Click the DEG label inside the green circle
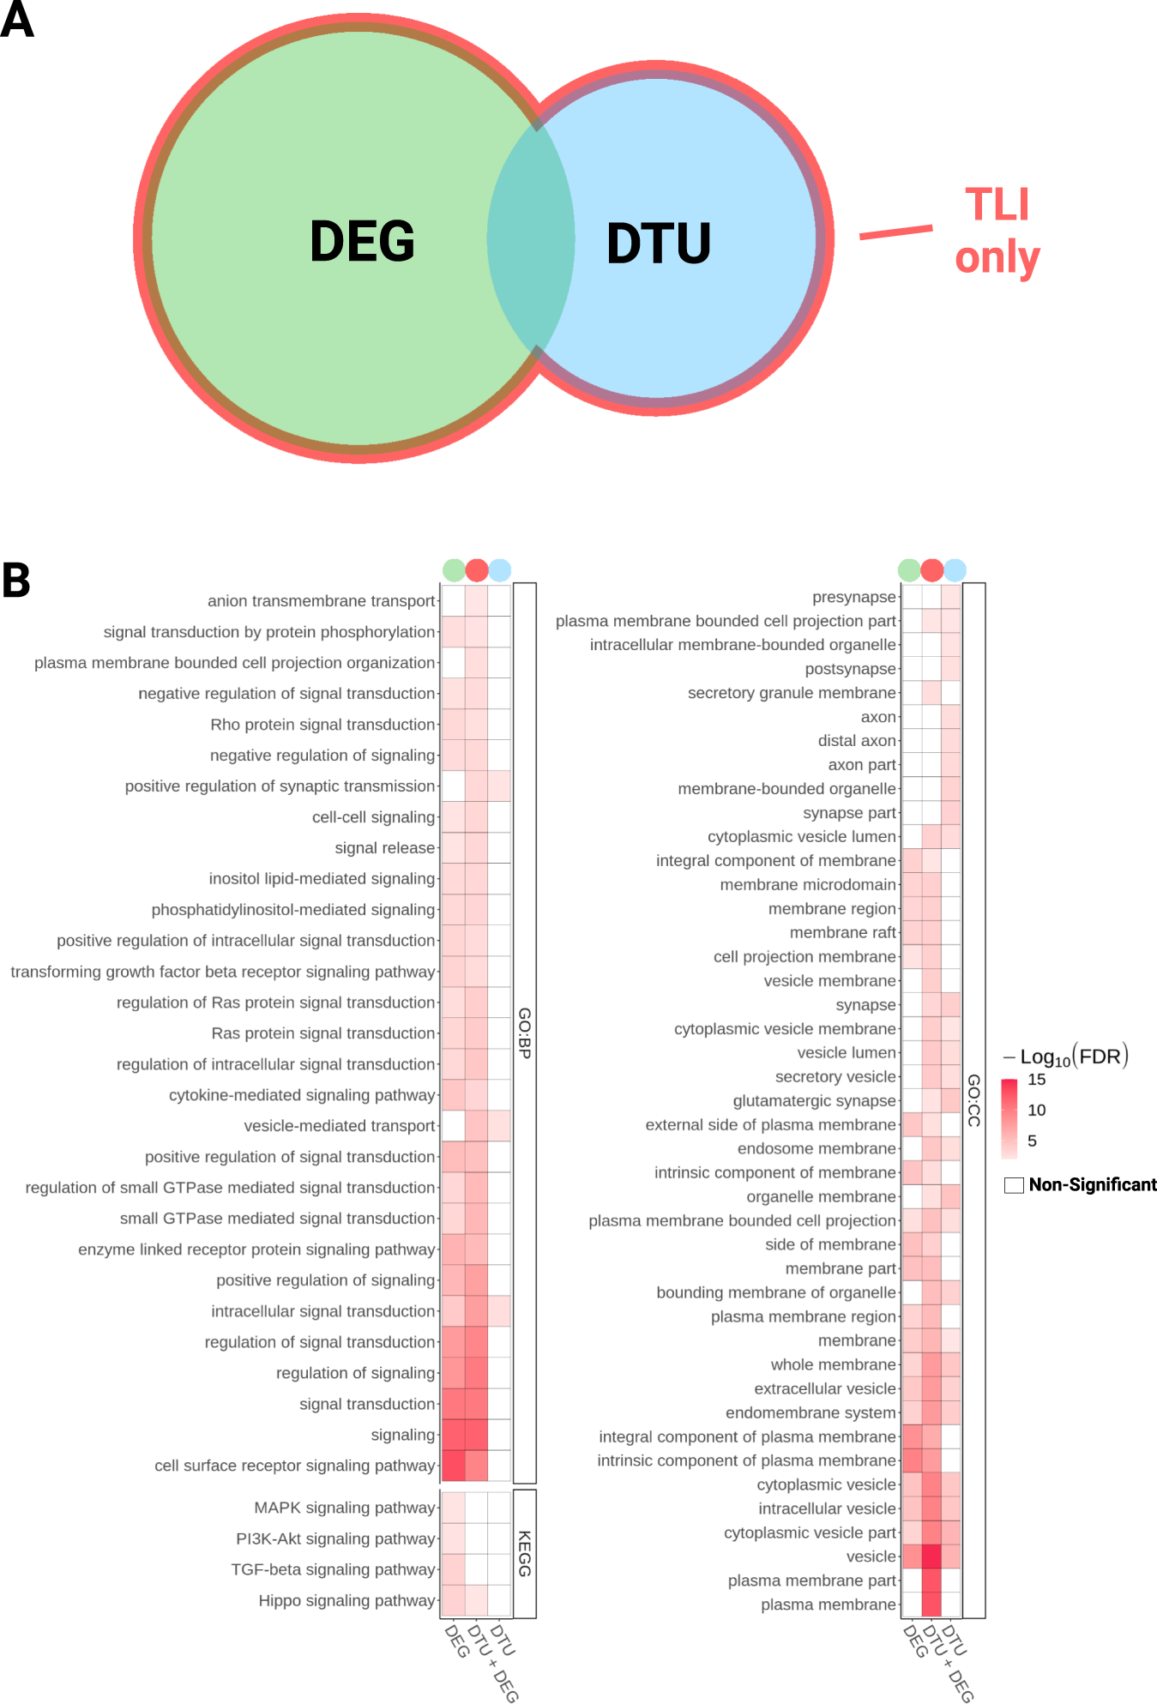362,241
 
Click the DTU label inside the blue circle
659,244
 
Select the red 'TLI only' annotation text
997,232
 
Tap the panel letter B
16,581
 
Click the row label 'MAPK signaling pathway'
345,1508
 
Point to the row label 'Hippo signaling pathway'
346,1600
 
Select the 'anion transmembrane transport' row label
322,601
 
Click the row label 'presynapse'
853,597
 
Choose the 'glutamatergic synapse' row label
814,1100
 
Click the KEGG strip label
525,1553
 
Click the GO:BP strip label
525,1033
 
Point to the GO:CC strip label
973,1100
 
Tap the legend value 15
1036,1080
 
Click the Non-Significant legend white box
1014,1185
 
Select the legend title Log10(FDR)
1066,1057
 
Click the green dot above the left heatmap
454,569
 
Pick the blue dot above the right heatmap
955,569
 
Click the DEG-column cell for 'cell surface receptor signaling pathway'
453,1466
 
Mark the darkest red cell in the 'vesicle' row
931,1556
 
